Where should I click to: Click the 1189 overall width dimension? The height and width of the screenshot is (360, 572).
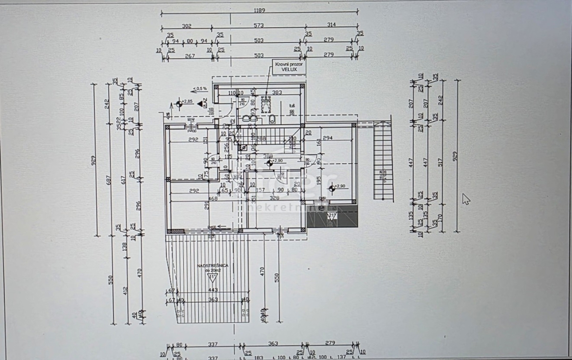pos(259,10)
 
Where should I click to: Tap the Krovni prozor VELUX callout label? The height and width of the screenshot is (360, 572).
pos(288,66)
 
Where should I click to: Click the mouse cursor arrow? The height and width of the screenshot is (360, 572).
pos(466,198)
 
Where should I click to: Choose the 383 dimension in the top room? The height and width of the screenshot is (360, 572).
pos(277,92)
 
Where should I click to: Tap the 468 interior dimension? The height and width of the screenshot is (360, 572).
pos(213,199)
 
